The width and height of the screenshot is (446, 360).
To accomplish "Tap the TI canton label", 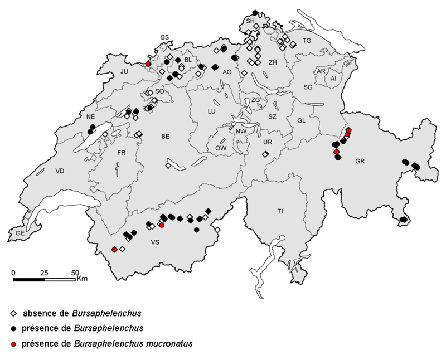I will [x=281, y=211].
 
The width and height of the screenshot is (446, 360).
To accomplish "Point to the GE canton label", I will [x=20, y=233].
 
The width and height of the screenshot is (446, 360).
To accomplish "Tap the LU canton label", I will [x=211, y=111].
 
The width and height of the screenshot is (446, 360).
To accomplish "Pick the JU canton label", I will [x=125, y=71].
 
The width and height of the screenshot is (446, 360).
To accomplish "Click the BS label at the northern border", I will [x=164, y=37].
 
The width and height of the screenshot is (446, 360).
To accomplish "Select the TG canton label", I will [x=306, y=41].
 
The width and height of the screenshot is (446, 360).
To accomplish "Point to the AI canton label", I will [x=333, y=79].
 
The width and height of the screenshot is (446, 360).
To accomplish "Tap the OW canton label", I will [x=221, y=148].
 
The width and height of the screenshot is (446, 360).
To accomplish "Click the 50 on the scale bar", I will [x=75, y=273].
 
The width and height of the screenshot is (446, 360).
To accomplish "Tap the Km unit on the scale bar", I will [x=83, y=278].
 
